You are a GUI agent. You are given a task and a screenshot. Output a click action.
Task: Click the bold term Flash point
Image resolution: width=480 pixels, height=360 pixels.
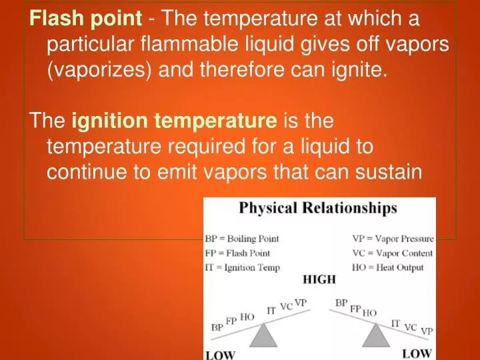[86, 19]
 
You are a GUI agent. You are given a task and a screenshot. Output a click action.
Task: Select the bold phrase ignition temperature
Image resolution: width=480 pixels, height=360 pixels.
[173, 121]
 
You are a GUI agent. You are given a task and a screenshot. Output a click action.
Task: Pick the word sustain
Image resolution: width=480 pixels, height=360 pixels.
[387, 172]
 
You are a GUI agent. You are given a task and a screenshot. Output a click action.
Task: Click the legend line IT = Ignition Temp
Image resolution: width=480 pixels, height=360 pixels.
[243, 267]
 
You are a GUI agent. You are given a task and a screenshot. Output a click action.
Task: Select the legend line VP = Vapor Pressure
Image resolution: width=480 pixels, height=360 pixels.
[393, 239]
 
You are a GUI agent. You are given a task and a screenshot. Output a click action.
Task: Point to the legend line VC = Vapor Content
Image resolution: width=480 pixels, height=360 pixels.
[392, 253]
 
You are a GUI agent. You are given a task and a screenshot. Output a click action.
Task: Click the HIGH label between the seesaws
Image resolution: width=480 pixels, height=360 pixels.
[319, 280]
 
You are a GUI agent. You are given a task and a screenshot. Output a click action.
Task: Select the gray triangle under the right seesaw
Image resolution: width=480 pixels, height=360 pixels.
[375, 335]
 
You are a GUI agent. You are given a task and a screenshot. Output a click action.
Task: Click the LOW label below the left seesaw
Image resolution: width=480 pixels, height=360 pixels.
[219, 354]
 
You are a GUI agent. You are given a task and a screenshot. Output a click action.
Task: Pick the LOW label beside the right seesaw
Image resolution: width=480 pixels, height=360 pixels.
[416, 352]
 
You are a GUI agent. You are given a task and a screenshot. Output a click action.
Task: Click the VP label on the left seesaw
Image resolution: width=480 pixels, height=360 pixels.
[301, 303]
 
